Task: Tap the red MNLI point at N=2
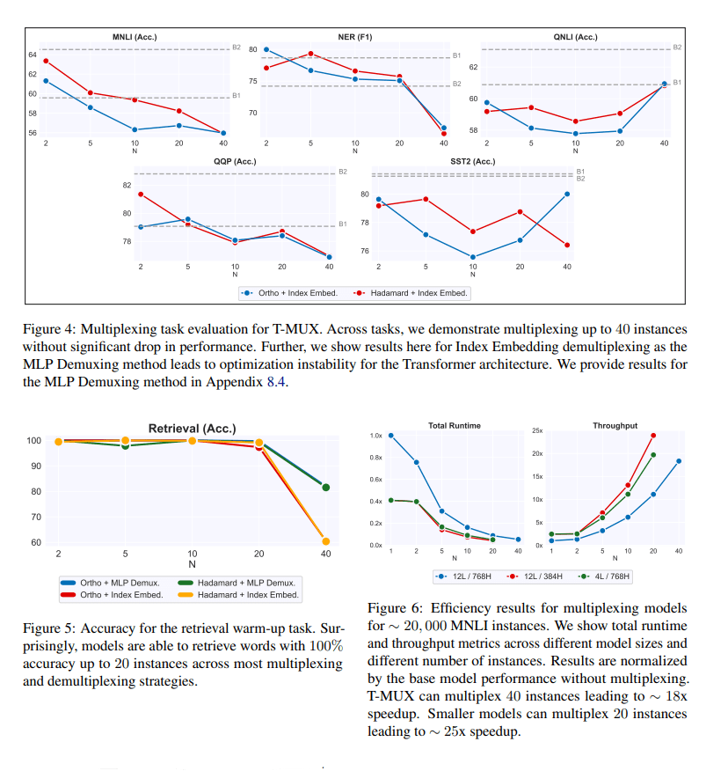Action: point(46,61)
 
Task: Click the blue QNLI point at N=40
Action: point(664,84)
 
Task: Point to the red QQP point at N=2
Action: point(141,195)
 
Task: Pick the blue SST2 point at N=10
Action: point(473,257)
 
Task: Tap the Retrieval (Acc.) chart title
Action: point(192,429)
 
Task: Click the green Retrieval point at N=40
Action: point(326,487)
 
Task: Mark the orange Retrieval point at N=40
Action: point(326,541)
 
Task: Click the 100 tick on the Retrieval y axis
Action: point(33,440)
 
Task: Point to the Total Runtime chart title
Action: point(454,426)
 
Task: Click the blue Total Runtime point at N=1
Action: point(390,436)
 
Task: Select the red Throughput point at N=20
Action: point(652,435)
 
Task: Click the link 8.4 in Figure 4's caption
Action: point(275,382)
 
